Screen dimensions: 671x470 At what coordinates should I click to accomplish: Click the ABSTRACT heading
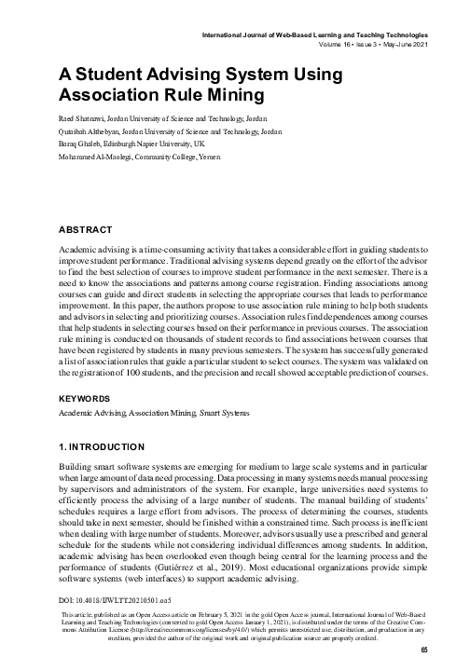86,228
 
